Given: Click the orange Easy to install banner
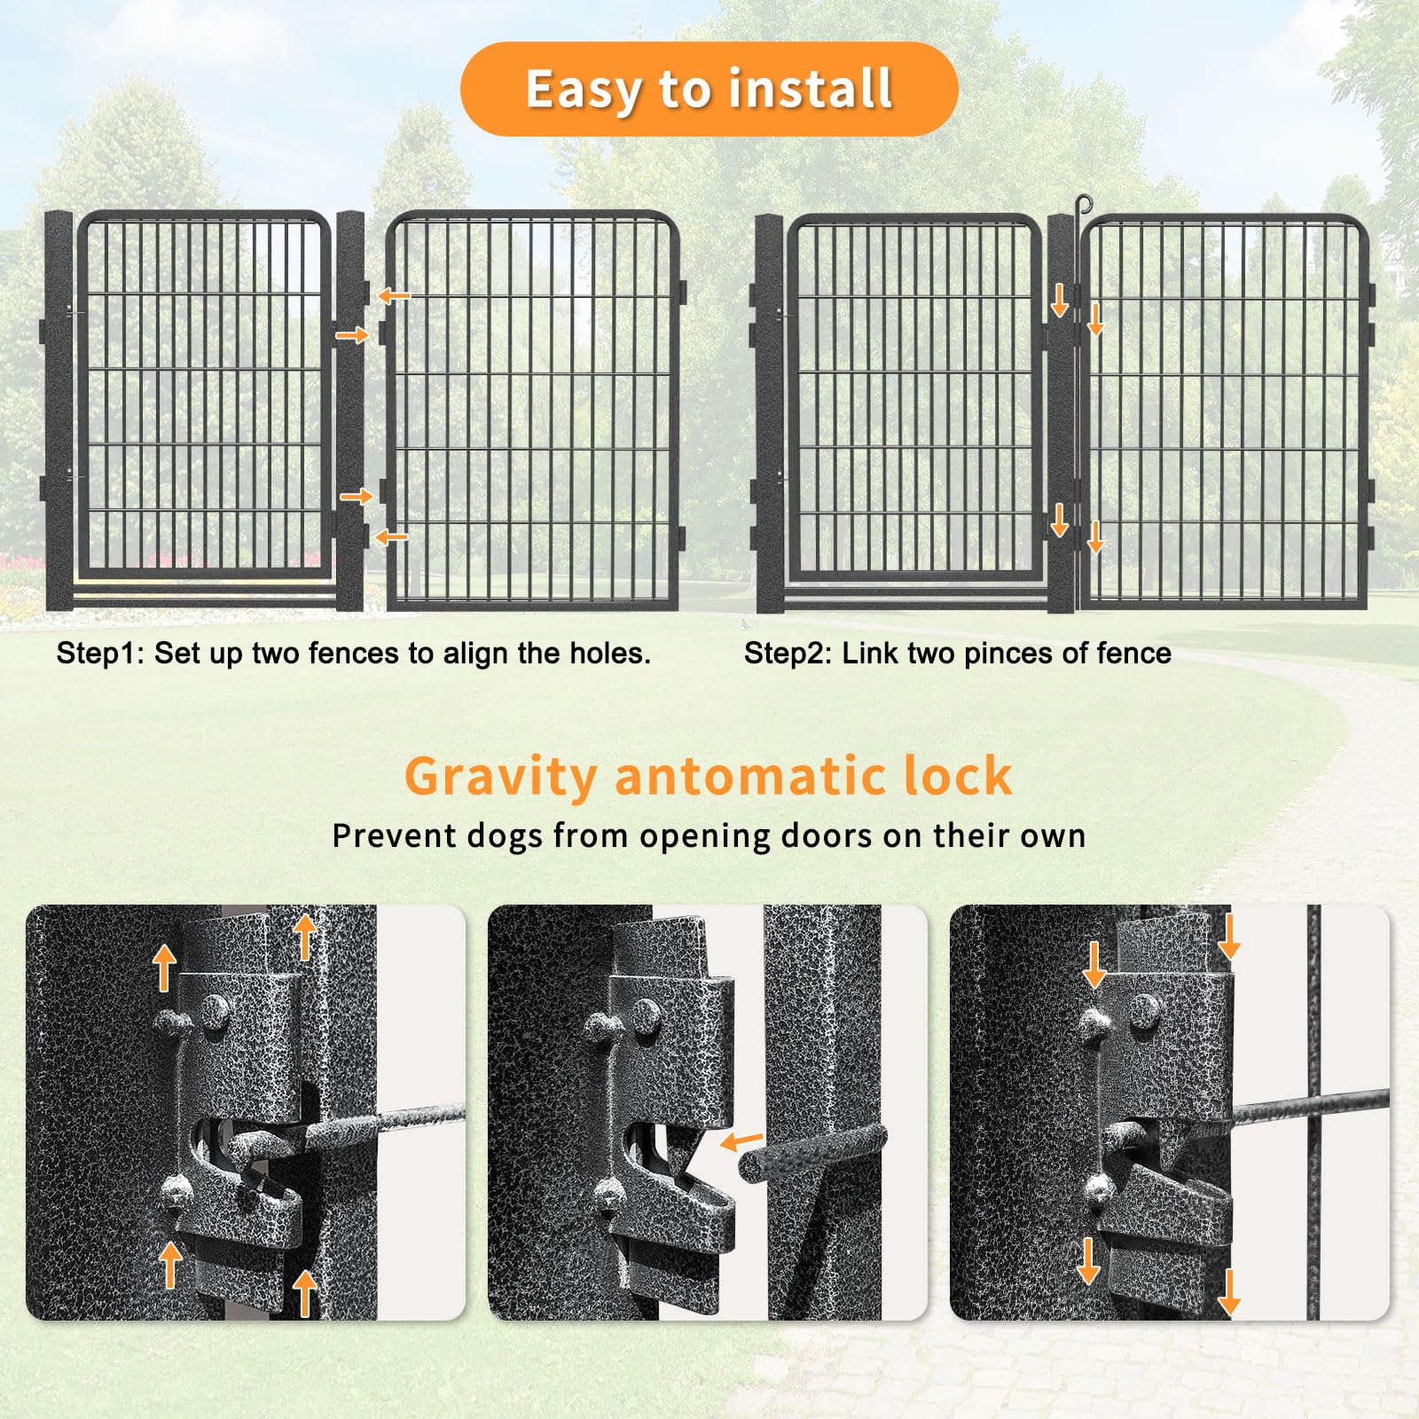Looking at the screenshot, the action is pyautogui.click(x=709, y=89).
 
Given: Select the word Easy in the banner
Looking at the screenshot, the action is pyautogui.click(x=585, y=90).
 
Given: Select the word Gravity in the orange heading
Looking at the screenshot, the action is pyautogui.click(x=501, y=778).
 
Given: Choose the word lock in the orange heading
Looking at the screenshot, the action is pyautogui.click(x=958, y=776).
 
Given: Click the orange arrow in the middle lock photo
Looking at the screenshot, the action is pyautogui.click(x=741, y=1141).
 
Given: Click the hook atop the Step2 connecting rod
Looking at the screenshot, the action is pyautogui.click(x=1078, y=207).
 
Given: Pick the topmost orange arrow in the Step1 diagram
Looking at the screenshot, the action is pyautogui.click(x=394, y=295).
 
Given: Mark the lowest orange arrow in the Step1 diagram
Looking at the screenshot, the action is pyautogui.click(x=391, y=537).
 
